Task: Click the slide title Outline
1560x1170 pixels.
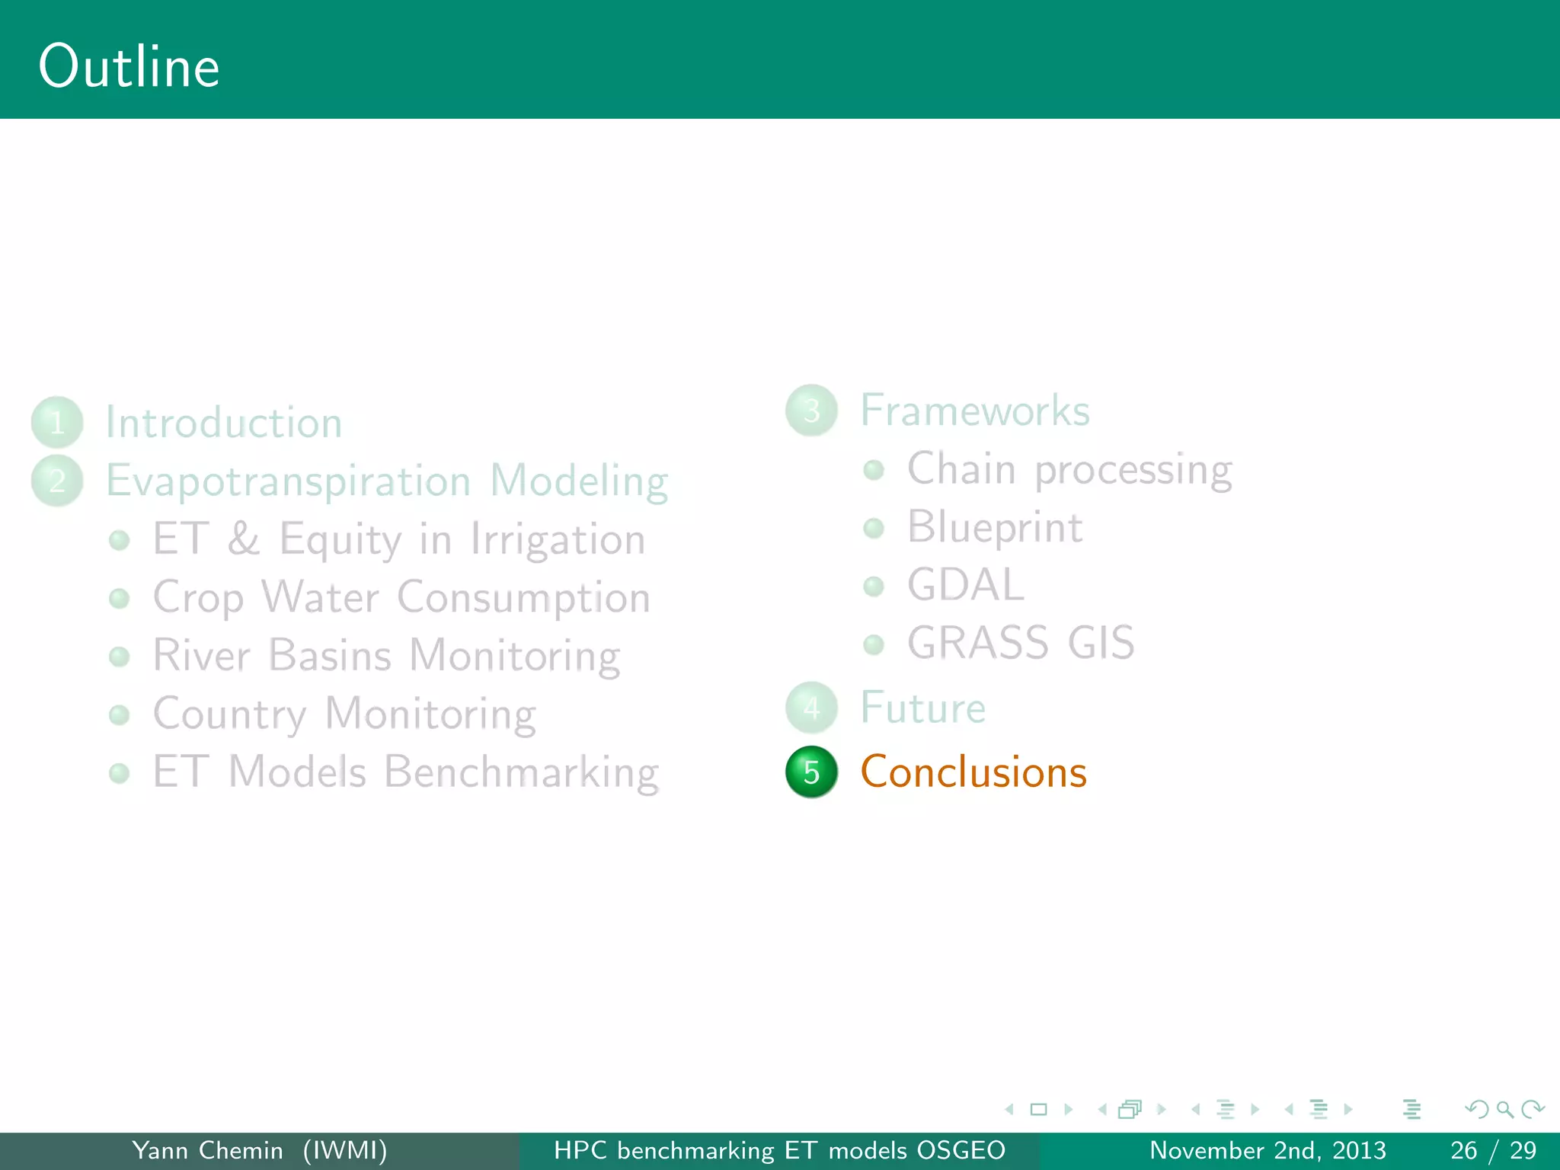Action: (129, 67)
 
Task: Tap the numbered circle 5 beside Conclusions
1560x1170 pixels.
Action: (811, 772)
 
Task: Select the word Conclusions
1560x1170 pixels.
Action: (973, 772)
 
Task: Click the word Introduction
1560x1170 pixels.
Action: (223, 423)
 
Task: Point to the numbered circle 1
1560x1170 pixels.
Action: (57, 422)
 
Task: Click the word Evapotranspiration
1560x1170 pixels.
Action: (288, 481)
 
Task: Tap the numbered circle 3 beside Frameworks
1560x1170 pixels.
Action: (811, 411)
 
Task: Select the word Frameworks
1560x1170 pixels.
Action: (974, 411)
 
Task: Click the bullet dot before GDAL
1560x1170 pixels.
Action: (874, 586)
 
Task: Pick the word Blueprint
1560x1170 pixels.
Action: (994, 527)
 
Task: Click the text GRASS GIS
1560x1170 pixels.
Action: (1020, 643)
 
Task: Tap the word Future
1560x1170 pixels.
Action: (922, 708)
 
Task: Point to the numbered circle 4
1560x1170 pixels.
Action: (811, 708)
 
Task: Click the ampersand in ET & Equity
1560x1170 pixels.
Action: (244, 539)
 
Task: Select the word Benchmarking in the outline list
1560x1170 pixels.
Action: (521, 772)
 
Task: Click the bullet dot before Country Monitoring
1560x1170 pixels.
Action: (119, 714)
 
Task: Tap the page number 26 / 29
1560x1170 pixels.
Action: (1493, 1150)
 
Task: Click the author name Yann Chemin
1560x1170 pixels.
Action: (207, 1150)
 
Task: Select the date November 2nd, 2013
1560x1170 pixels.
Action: (1267, 1150)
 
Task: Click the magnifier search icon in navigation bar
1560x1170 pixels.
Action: (1504, 1109)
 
